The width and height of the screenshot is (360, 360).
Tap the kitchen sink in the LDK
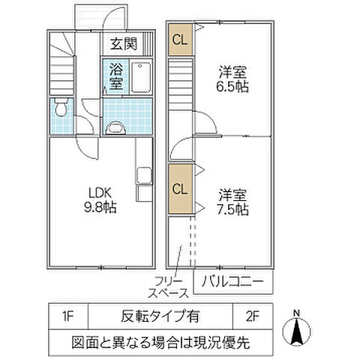pyautogui.click(x=142, y=179)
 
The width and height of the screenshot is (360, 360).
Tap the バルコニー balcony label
pyautogui.click(x=233, y=281)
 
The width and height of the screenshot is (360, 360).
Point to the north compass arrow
pyautogui.click(x=297, y=331)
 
